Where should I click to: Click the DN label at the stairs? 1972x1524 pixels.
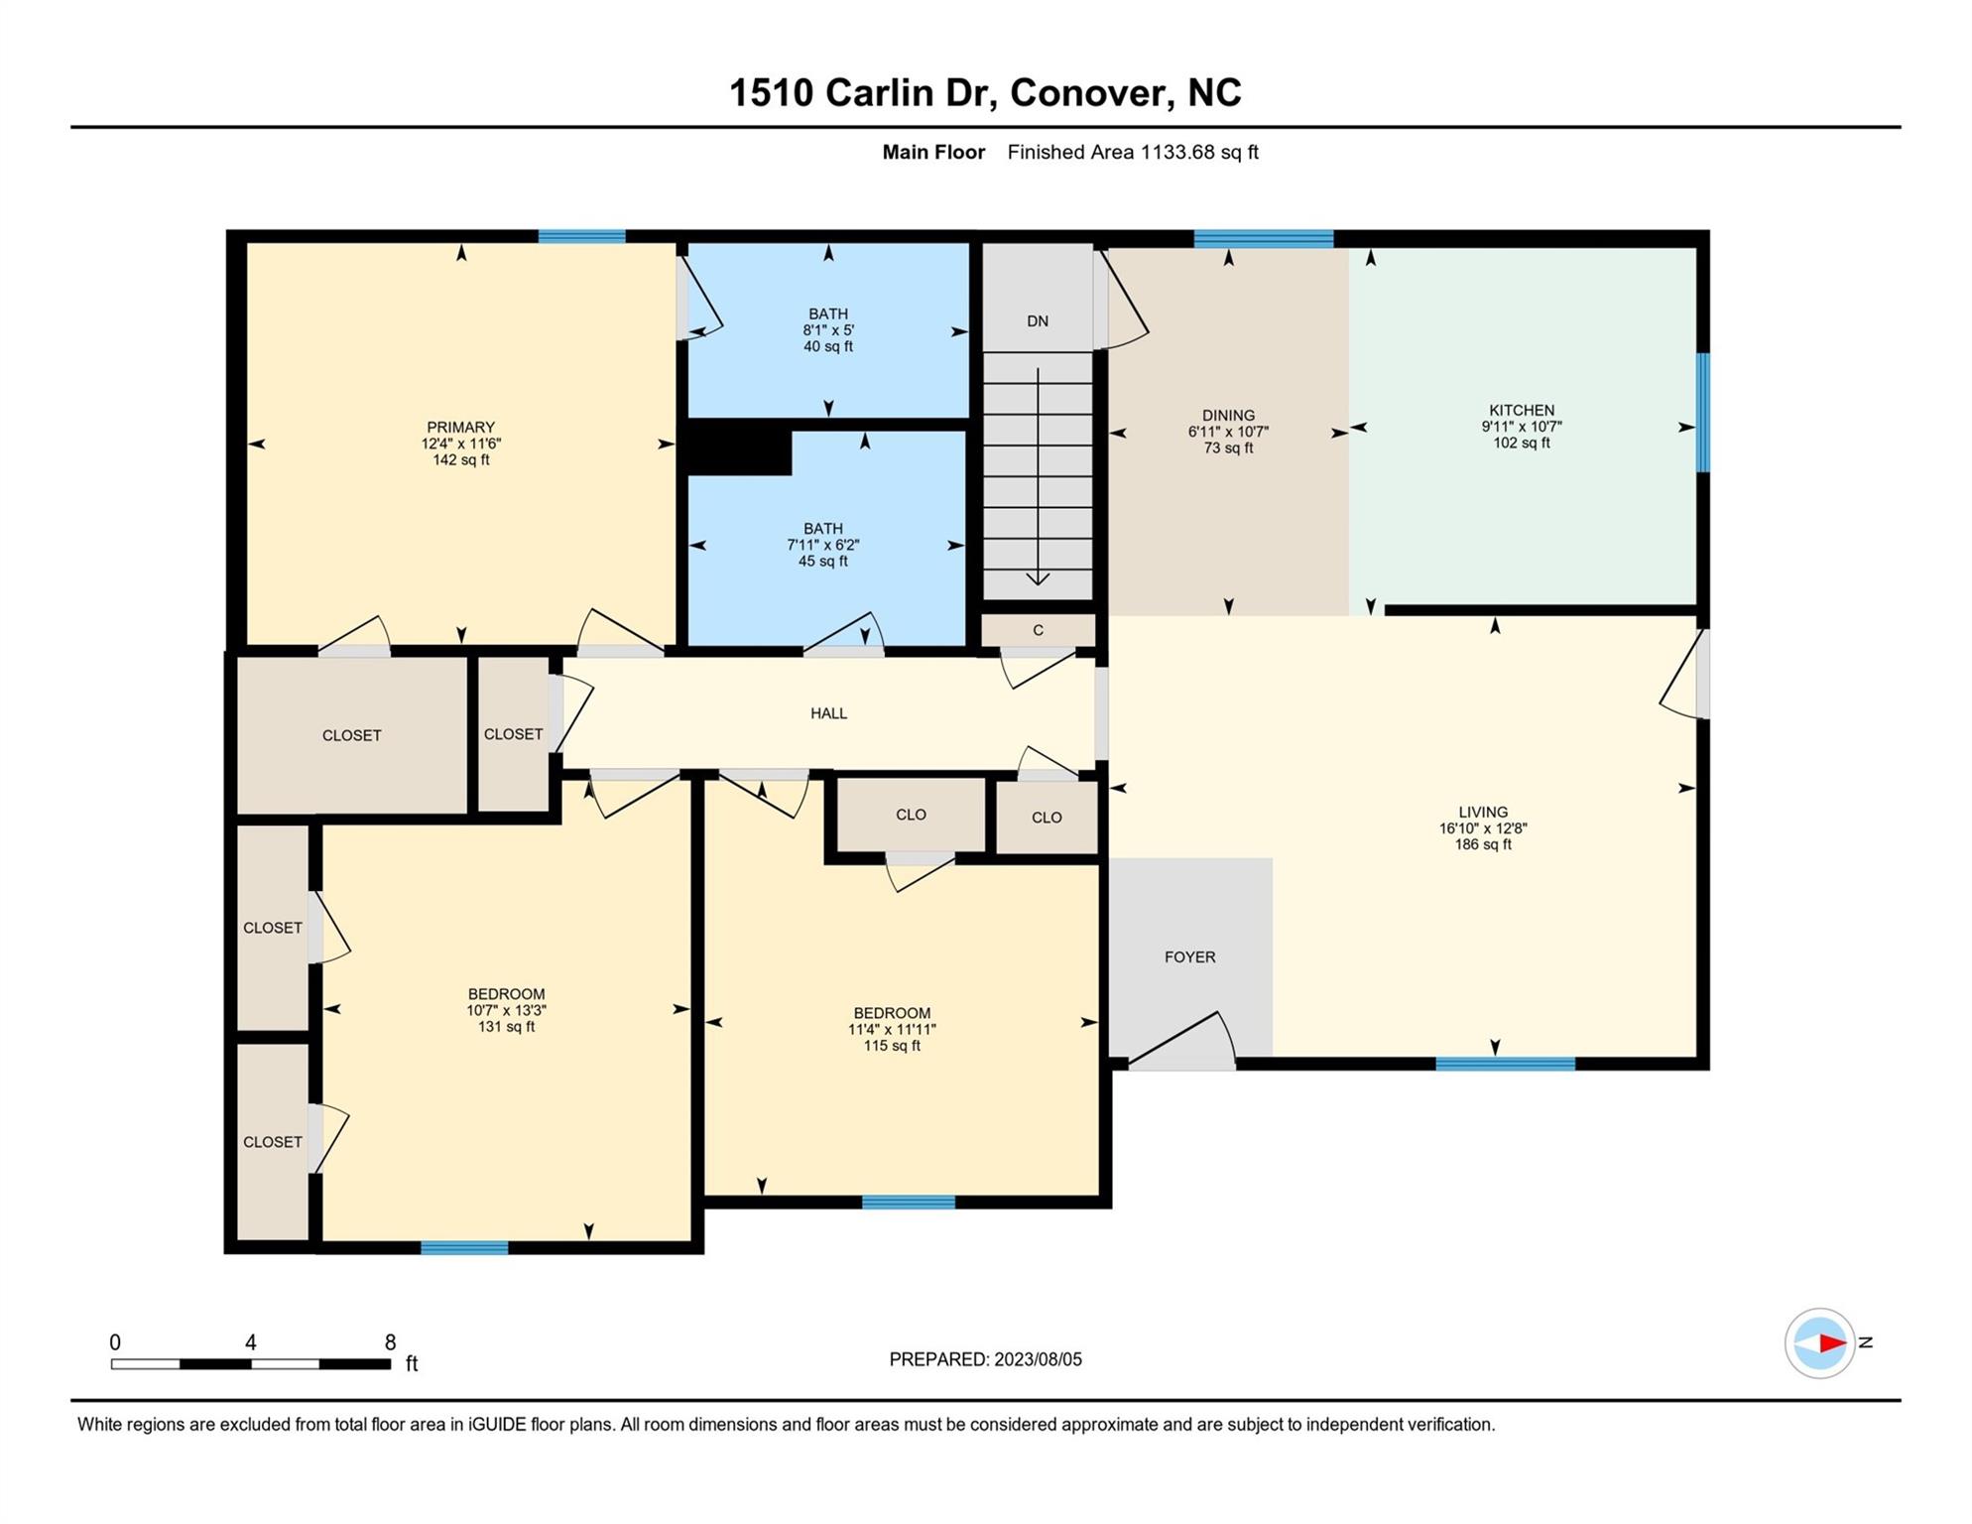coord(1038,321)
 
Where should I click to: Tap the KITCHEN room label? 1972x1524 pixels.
coord(1522,410)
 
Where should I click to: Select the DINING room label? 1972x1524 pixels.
coord(1228,416)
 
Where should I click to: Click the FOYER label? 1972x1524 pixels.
coord(1189,957)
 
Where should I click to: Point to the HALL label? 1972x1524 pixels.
coord(828,713)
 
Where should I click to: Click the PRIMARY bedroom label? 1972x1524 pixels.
coord(460,428)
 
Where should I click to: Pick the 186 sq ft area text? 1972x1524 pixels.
coord(1483,845)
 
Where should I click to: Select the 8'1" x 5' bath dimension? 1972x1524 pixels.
coord(828,330)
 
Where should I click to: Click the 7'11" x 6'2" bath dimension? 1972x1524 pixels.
coord(823,545)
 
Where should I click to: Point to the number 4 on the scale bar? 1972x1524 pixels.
coord(251,1342)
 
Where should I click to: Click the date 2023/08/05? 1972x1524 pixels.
coord(1037,1360)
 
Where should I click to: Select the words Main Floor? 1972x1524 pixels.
coord(933,153)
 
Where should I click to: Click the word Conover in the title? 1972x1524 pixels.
coord(1087,93)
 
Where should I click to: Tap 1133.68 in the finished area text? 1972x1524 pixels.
coord(1177,153)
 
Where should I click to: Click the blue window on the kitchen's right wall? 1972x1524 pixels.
coord(1702,412)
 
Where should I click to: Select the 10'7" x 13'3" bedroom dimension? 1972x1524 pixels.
coord(506,1011)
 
